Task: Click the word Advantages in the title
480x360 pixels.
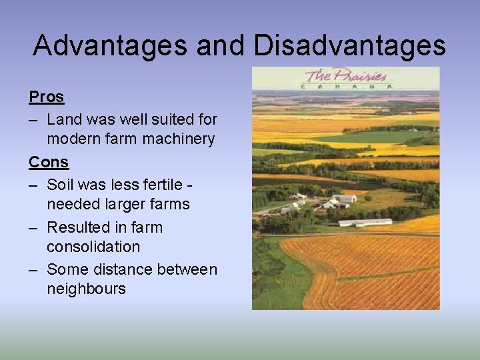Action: pos(110,45)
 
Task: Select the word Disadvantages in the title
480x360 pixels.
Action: pos(349,45)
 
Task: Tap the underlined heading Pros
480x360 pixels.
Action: pos(46,97)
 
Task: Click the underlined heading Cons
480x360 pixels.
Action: pos(49,161)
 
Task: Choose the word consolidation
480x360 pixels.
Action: pos(93,247)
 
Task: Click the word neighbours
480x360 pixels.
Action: pos(86,289)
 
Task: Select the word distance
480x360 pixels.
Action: pos(118,269)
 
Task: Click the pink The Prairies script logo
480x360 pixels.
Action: pos(345,75)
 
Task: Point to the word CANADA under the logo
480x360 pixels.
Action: pos(345,86)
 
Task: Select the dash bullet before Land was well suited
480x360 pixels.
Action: pos(33,120)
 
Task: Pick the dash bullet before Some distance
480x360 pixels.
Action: pos(33,269)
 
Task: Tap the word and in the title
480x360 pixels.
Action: pos(223,45)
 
